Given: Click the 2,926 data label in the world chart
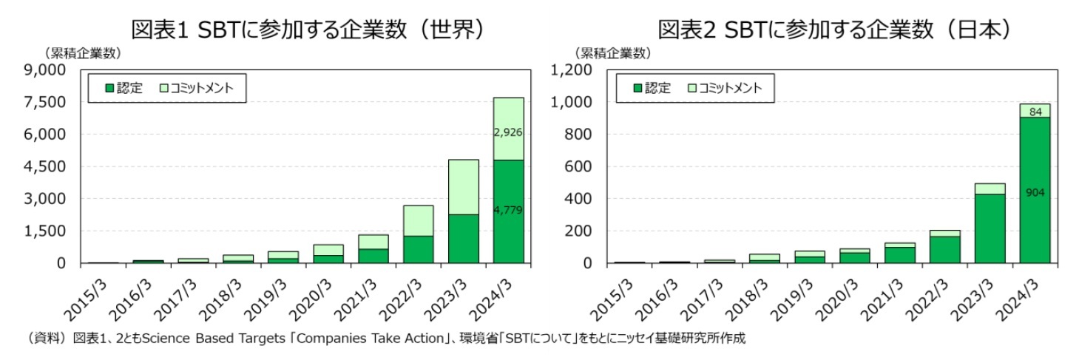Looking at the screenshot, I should pyautogui.click(x=508, y=132).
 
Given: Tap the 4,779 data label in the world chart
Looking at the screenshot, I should pyautogui.click(x=508, y=211).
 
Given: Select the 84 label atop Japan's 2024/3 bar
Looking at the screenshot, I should pyautogui.click(x=1035, y=111).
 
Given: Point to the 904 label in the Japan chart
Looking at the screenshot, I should pyautogui.click(x=1035, y=192).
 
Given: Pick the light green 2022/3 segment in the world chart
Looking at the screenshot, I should pyautogui.click(x=419, y=220).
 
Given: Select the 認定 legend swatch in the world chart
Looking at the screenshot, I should pyautogui.click(x=110, y=88).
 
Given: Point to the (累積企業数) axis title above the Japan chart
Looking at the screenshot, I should pyautogui.click(x=612, y=52).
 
